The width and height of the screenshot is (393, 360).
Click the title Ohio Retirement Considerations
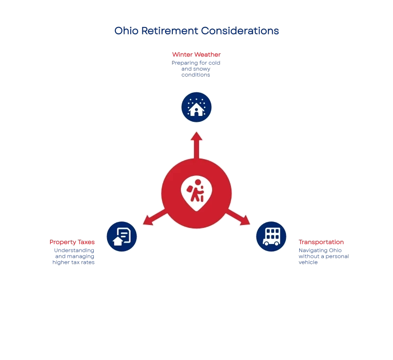click(196, 30)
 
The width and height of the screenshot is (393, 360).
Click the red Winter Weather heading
click(196, 55)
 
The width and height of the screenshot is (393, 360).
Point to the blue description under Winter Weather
click(196, 69)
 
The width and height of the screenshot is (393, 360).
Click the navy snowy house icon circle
click(196, 107)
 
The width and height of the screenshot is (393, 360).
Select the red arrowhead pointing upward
click(196, 136)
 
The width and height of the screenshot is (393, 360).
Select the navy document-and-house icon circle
click(122, 237)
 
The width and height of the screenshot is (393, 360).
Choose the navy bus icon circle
click(271, 237)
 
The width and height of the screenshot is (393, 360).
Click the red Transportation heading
click(322, 243)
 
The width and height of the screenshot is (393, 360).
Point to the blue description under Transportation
click(323, 256)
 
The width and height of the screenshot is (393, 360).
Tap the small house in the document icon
click(118, 241)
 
